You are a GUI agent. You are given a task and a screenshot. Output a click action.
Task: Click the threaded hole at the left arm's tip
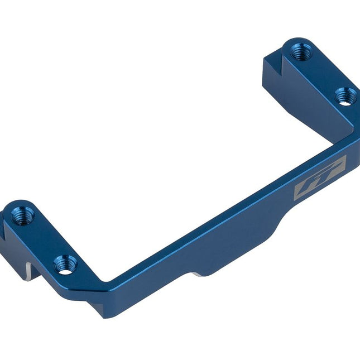click(x=22, y=215)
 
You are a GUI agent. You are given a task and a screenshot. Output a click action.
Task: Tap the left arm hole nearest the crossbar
click(x=65, y=263)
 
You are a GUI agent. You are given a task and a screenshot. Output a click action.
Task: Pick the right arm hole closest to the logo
click(x=345, y=96)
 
